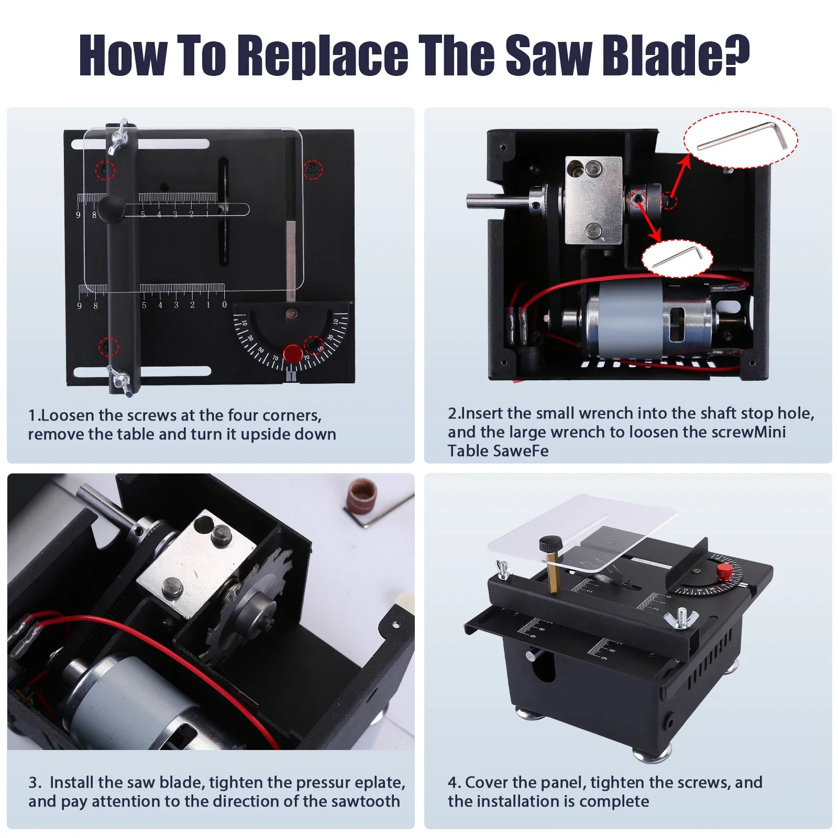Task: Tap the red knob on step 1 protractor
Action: (x=292, y=354)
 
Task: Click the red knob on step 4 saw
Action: (x=724, y=571)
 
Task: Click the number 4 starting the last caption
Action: (x=453, y=782)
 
